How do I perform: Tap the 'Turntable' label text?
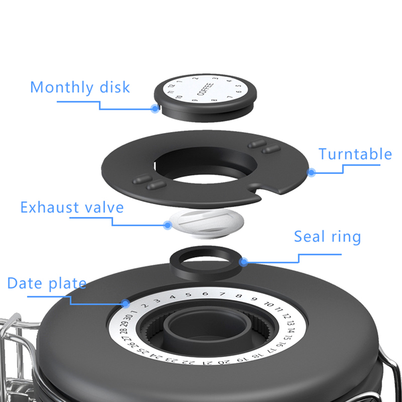[x=355, y=154]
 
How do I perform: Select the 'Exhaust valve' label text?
[x=72, y=207]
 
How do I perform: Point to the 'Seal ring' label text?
[x=327, y=237]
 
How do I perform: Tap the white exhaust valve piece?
[x=206, y=223]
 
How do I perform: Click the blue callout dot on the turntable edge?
[x=311, y=172]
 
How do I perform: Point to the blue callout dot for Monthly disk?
[x=155, y=108]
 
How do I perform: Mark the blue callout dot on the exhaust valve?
[x=168, y=225]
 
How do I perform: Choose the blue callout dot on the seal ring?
[x=244, y=262]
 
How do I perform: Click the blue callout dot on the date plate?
[x=125, y=304]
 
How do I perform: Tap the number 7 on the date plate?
[x=222, y=294]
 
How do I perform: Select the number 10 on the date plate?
[x=269, y=305]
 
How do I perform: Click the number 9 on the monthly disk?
[x=195, y=100]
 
